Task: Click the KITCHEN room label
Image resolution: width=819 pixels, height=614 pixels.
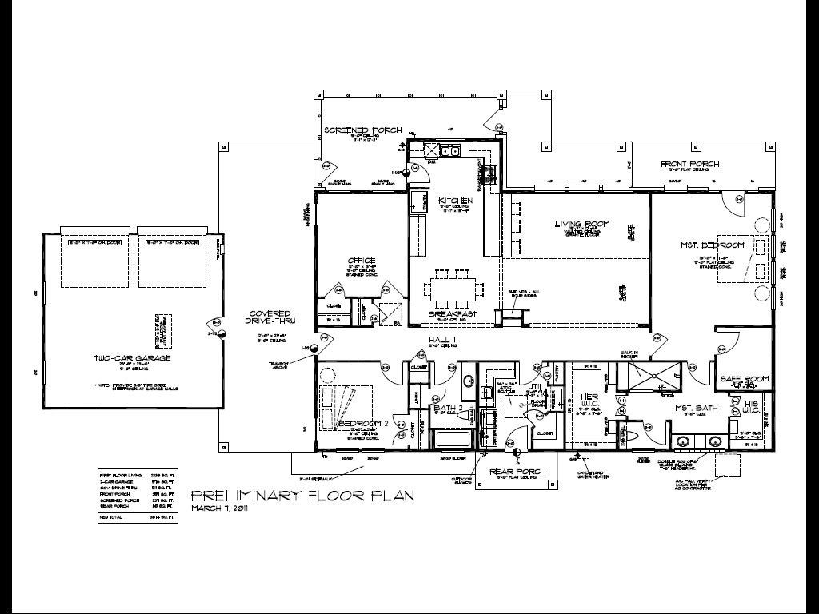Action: click(454, 201)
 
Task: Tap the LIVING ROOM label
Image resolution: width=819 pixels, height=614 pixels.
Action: click(582, 224)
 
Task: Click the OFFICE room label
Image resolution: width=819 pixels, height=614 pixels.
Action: click(362, 261)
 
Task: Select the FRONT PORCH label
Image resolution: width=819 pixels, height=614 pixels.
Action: click(689, 164)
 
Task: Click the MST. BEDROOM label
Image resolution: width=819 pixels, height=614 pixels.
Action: click(714, 245)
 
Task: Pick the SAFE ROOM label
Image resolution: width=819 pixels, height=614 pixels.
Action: click(745, 378)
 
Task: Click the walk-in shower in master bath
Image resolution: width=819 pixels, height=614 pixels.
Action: click(649, 377)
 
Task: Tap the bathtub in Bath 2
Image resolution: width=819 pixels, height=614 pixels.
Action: click(453, 437)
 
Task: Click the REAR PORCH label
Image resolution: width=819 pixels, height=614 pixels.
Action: click(518, 472)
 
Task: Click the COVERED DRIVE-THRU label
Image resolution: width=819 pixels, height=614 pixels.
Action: click(269, 317)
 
